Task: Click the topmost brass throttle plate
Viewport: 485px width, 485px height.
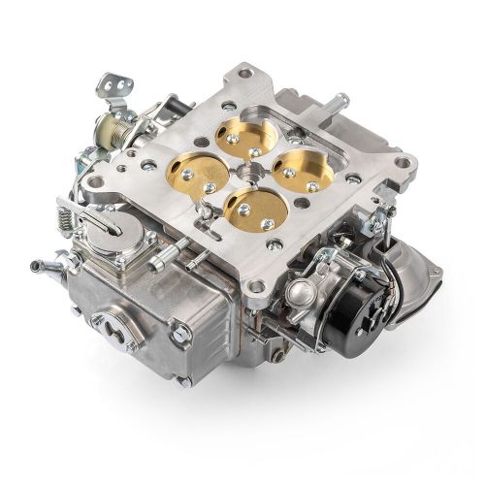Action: (243, 135)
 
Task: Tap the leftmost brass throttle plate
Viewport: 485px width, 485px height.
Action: (198, 175)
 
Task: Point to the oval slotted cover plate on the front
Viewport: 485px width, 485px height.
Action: (114, 331)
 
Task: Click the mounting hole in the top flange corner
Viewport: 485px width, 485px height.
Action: (245, 75)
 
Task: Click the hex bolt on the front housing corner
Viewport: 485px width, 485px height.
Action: (179, 336)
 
